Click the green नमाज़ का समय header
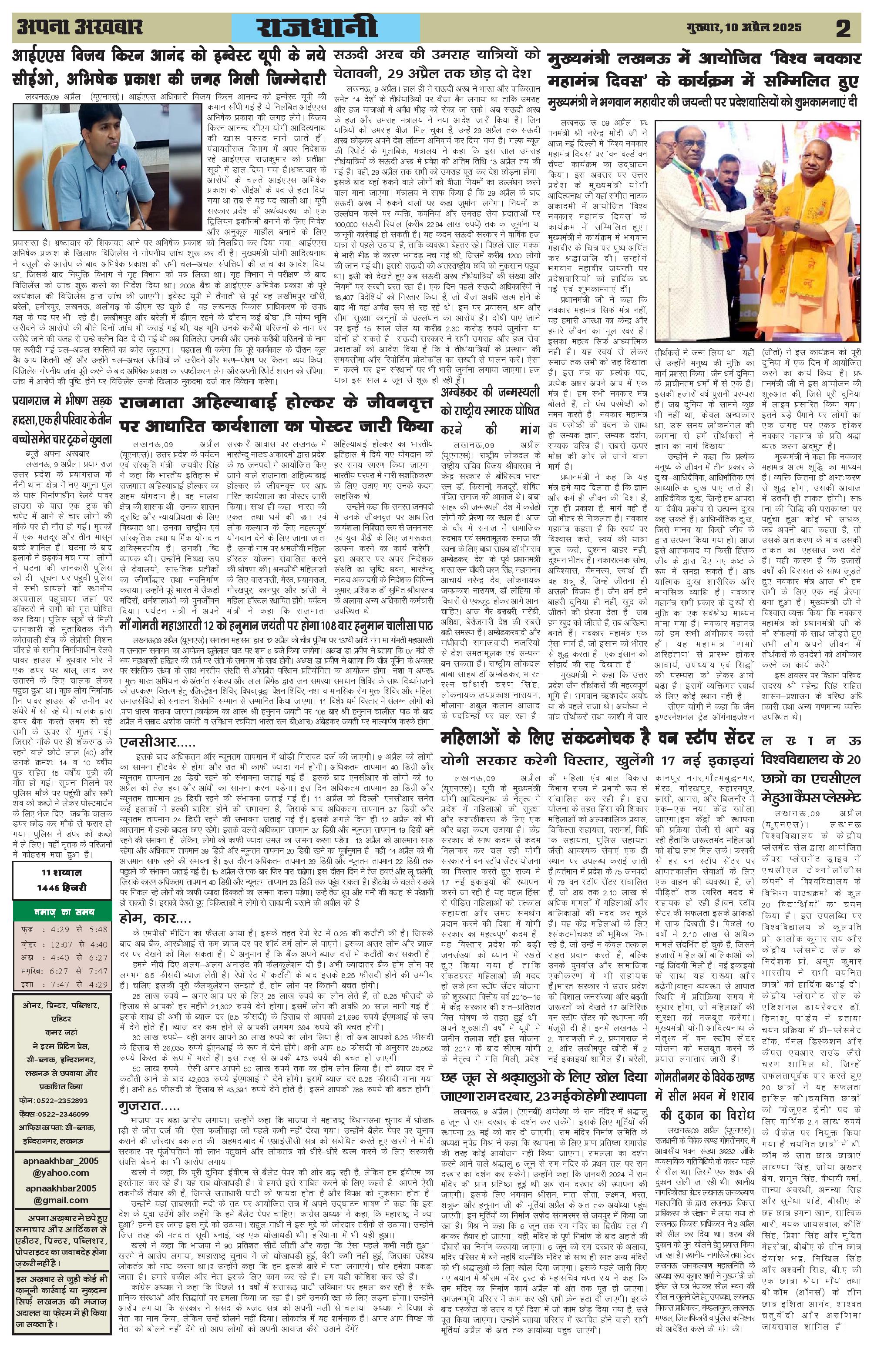tap(62, 912)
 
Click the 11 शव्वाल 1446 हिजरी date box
tap(62, 880)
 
